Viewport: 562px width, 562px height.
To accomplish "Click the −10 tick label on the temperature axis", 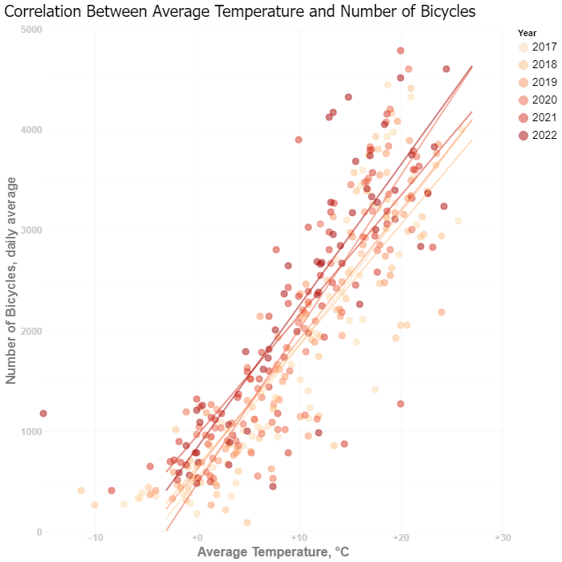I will (95, 537).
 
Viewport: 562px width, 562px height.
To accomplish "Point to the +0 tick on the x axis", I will (197, 537).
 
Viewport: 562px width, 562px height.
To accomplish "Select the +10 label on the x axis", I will (299, 537).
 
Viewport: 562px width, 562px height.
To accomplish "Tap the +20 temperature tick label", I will (401, 537).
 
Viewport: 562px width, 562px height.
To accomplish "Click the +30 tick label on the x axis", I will (503, 537).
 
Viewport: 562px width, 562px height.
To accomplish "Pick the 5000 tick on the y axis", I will (31, 30).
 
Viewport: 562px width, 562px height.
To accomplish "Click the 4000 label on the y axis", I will (31, 130).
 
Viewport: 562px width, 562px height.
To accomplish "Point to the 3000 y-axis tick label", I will (31, 230).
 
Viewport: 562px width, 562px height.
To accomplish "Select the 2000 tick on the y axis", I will (31, 331).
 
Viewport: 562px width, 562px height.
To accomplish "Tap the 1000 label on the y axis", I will (31, 431).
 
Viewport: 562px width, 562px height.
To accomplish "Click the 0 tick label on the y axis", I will (39, 531).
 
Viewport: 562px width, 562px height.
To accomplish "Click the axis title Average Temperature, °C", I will (273, 552).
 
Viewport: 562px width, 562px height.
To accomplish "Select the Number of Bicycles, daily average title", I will (11, 280).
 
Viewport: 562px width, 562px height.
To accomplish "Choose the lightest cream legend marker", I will (523, 47).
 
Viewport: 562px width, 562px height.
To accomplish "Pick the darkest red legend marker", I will (523, 136).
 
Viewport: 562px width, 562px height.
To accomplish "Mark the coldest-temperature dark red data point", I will (43, 413).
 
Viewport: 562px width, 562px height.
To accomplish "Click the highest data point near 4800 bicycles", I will (401, 51).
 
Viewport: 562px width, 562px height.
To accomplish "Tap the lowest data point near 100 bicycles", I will (247, 523).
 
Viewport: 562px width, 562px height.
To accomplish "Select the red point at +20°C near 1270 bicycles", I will (401, 404).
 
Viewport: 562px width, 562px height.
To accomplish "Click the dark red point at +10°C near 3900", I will (299, 140).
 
